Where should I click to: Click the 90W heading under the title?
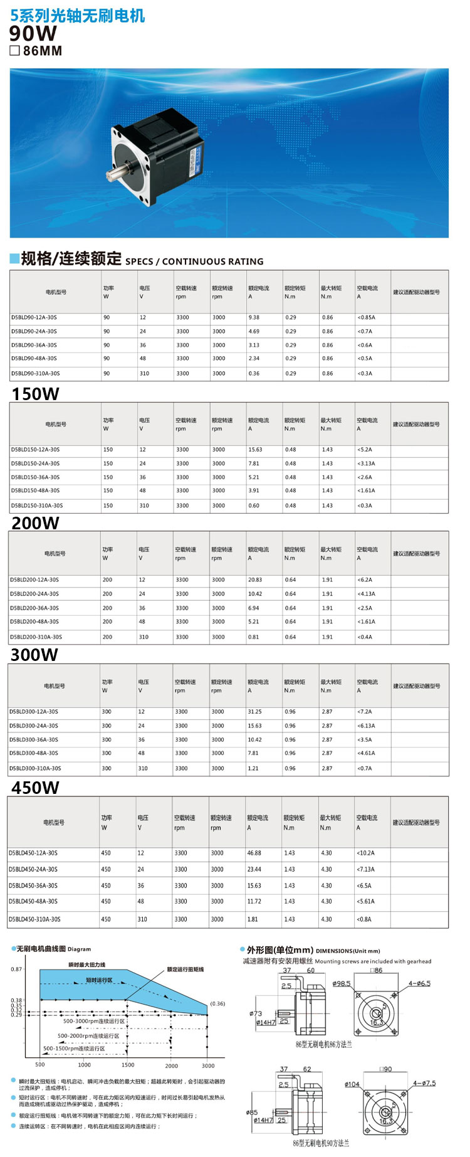(x=33, y=33)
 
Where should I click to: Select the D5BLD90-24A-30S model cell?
(x=34, y=331)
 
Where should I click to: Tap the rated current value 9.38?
(x=254, y=317)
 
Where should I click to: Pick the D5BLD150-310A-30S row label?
(x=37, y=505)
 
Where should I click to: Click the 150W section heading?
(x=35, y=394)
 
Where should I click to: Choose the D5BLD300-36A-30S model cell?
(x=34, y=740)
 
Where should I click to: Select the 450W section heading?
(x=35, y=788)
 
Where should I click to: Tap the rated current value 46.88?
(x=254, y=853)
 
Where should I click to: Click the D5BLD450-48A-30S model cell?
(x=33, y=901)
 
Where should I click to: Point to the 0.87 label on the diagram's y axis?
(x=16, y=969)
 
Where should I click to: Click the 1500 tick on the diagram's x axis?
(x=128, y=1065)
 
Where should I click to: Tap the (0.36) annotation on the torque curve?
(x=217, y=1003)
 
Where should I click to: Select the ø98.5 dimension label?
(x=342, y=983)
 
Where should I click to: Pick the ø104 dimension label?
(x=352, y=1084)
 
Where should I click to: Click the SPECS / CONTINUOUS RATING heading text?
(x=194, y=262)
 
